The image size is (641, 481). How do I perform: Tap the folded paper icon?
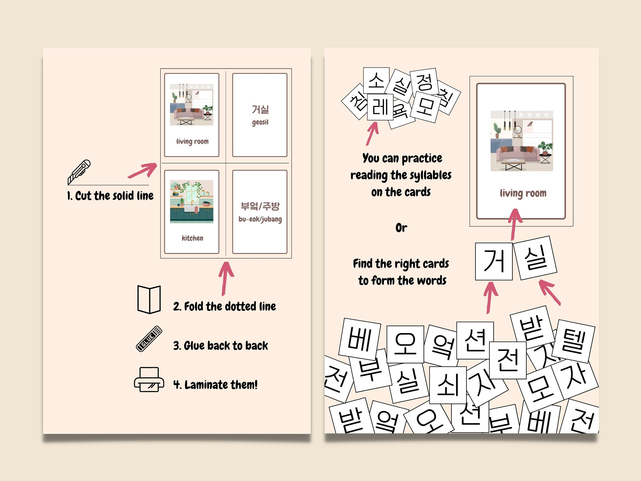click(x=149, y=299)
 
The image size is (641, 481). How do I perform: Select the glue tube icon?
click(x=149, y=339)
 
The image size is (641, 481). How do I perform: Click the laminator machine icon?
click(x=149, y=380)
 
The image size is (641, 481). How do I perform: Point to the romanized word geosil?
click(x=260, y=122)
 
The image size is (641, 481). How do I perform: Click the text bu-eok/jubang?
click(x=260, y=219)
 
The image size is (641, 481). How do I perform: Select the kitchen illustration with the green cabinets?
click(x=191, y=202)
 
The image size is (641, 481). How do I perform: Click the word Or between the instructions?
click(x=401, y=228)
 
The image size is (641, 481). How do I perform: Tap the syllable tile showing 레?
click(x=380, y=107)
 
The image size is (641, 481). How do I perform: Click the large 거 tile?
click(x=494, y=261)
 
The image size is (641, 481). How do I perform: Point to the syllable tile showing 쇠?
click(x=448, y=385)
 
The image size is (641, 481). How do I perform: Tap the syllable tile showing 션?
click(x=475, y=340)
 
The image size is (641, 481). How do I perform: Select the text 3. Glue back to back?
click(x=220, y=346)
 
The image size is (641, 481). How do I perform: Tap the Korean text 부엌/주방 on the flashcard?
click(x=260, y=206)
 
